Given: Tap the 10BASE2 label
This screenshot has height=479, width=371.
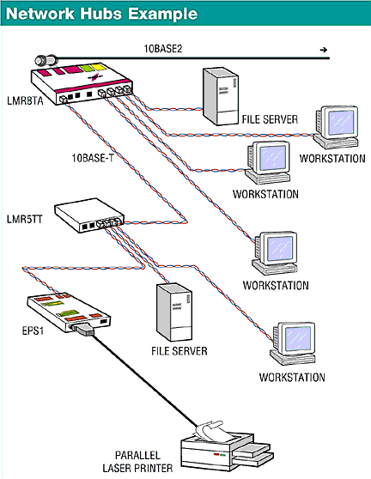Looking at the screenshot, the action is pyautogui.click(x=163, y=49).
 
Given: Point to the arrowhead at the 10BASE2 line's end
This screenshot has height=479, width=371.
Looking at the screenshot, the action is pyautogui.click(x=324, y=50).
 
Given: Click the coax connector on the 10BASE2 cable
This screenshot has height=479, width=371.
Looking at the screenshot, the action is pyautogui.click(x=46, y=60).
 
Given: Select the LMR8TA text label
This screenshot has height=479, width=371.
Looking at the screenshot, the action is pyautogui.click(x=25, y=100).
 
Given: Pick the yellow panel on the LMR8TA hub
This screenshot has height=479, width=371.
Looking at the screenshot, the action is pyautogui.click(x=99, y=67).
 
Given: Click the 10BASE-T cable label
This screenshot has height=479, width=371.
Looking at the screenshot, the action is pyautogui.click(x=93, y=158).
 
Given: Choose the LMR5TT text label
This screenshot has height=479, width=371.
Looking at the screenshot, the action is pyautogui.click(x=24, y=219).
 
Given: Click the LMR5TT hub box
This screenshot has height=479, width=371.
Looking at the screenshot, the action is pyautogui.click(x=89, y=215).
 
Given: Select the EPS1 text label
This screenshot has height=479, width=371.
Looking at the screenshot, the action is pyautogui.click(x=33, y=330).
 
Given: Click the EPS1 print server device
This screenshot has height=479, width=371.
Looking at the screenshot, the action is pyautogui.click(x=69, y=312).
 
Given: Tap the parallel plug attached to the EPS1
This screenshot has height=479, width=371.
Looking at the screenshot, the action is pyautogui.click(x=82, y=330).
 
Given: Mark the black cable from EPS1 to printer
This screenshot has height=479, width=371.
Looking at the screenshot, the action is pyautogui.click(x=144, y=380).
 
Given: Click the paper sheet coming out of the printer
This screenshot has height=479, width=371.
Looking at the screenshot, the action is pyautogui.click(x=211, y=431).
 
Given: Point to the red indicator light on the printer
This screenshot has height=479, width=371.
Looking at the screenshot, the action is pyautogui.click(x=216, y=455).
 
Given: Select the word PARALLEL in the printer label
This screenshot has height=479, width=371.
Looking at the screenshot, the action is pyautogui.click(x=137, y=456).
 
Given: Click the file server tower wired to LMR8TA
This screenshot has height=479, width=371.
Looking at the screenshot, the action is pyautogui.click(x=221, y=96).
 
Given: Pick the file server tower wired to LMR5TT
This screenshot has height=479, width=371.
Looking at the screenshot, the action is pyautogui.click(x=174, y=312).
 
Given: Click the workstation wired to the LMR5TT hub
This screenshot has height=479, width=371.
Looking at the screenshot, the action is pyautogui.click(x=293, y=343).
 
